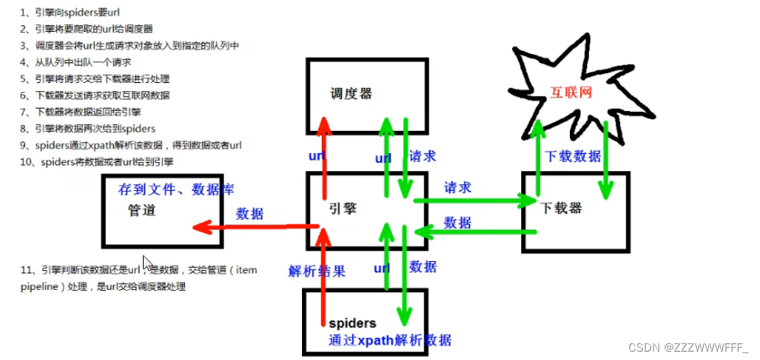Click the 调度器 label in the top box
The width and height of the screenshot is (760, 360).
pos(351,94)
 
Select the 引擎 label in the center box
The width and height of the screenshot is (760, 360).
pos(342,208)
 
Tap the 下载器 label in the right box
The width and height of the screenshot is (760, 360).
pos(564,208)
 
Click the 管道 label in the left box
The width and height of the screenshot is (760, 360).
pos(142,210)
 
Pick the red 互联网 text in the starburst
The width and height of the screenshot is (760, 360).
pos(571,93)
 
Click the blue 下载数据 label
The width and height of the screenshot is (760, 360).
pos(573,156)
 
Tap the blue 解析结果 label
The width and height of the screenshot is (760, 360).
pos(316,270)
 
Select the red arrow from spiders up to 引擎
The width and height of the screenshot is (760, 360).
pos(325,282)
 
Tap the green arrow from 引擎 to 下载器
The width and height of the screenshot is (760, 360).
pos(472,201)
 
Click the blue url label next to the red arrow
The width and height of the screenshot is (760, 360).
pos(316,156)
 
